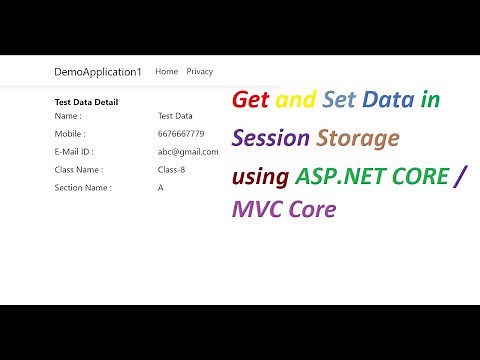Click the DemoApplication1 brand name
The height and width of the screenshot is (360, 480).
click(98, 72)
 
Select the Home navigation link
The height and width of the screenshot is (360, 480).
click(167, 72)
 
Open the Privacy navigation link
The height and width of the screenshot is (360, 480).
click(200, 72)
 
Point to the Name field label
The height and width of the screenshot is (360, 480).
click(68, 116)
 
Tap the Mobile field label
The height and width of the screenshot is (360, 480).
click(70, 134)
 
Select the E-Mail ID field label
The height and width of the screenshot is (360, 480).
click(74, 152)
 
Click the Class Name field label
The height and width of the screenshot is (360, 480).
click(78, 170)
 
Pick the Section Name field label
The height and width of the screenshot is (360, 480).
click(83, 187)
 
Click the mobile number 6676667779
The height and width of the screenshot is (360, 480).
click(181, 134)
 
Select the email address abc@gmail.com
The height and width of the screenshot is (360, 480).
click(188, 152)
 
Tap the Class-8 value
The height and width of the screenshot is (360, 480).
click(172, 170)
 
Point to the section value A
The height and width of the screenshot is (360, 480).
click(161, 187)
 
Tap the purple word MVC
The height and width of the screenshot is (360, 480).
click(256, 210)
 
